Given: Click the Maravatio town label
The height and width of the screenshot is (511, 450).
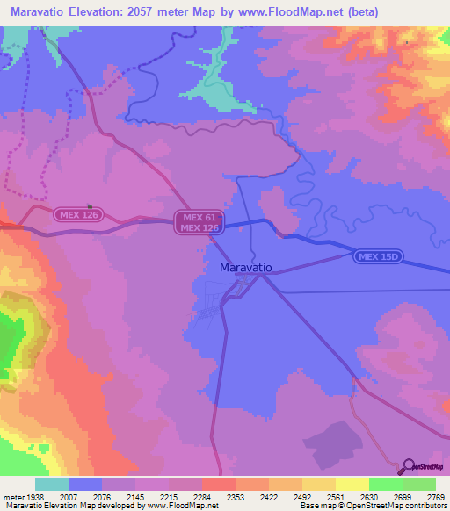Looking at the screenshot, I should [x=245, y=266].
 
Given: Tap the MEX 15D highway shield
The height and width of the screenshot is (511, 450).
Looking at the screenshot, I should [x=379, y=256].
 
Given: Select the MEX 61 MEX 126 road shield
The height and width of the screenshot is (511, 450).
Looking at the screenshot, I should [x=199, y=222].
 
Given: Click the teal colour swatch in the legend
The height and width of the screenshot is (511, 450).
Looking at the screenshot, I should [x=51, y=484].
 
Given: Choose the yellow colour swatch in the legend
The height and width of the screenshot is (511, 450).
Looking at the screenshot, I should [x=352, y=484].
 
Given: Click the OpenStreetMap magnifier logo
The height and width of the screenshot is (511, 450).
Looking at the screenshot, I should [x=408, y=466].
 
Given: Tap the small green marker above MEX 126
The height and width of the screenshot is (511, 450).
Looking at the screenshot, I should [x=90, y=207].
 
